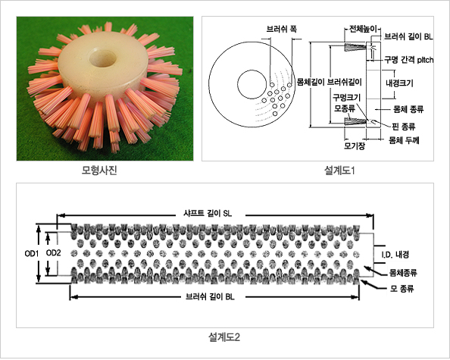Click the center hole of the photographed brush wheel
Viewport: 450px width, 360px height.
102,58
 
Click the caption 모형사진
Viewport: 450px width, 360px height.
99,171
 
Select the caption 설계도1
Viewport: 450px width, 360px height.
339,171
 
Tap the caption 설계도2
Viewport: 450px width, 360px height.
224,337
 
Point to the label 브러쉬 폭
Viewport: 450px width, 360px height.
282,30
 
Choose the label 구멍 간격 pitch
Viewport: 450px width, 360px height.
408,60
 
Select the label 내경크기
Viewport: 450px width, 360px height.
399,83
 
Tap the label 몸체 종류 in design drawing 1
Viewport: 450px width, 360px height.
408,109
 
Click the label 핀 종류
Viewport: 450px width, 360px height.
404,126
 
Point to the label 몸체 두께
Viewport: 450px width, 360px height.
404,140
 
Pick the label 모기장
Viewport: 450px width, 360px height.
355,146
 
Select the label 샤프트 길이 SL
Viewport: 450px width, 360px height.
208,214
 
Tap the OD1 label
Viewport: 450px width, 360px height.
32,253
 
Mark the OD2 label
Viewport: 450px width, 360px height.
53,253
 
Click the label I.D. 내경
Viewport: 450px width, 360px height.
395,255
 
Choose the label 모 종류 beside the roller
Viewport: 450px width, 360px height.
402,289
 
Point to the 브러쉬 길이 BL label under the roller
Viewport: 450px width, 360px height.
210,296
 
